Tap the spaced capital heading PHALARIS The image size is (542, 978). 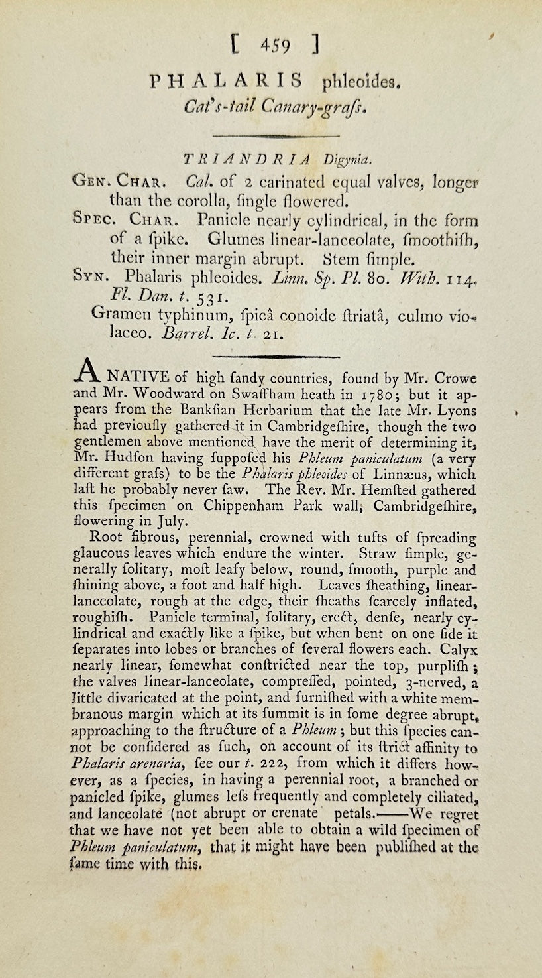coord(227,81)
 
